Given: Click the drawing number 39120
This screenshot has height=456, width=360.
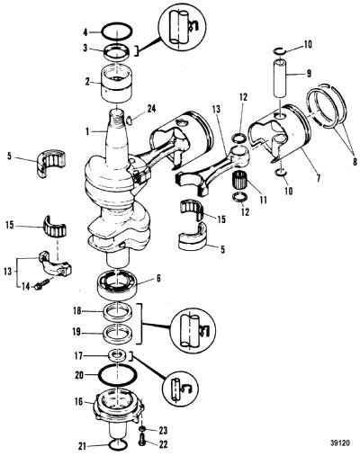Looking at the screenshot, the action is click(x=340, y=443).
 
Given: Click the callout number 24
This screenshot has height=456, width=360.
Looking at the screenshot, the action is click(x=151, y=109).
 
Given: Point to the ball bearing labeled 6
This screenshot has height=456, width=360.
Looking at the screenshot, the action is click(x=117, y=283).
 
